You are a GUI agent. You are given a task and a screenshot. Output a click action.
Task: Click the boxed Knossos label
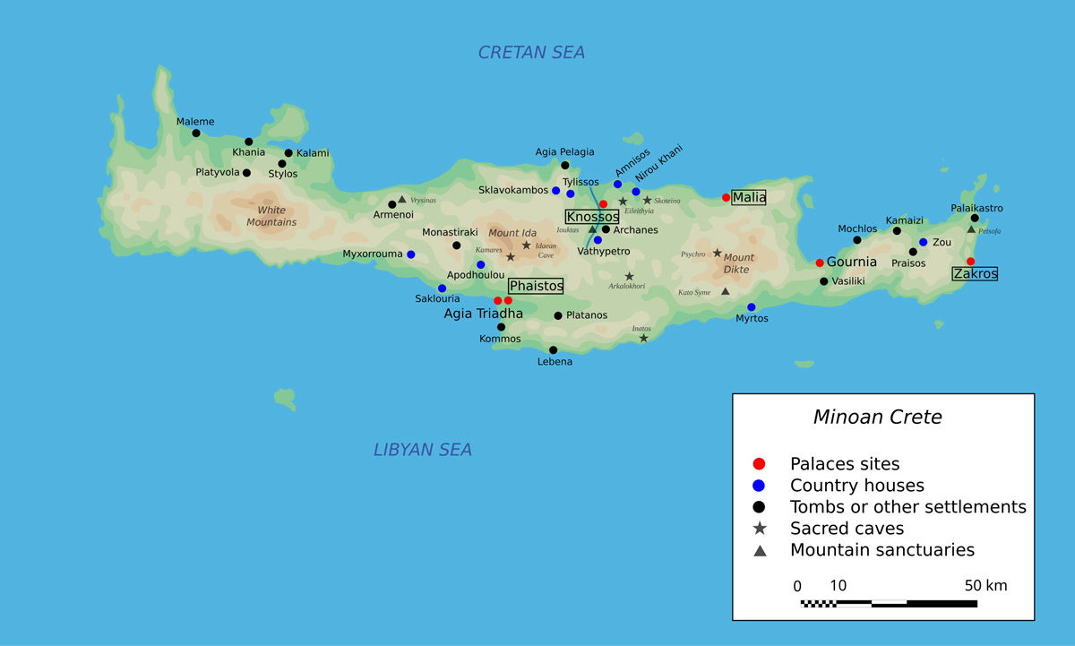click(592, 217)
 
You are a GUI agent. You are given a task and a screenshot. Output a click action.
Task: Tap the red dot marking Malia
click(726, 197)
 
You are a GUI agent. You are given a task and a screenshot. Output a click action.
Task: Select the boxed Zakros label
click(975, 274)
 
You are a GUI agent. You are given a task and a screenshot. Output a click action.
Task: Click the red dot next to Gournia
click(820, 263)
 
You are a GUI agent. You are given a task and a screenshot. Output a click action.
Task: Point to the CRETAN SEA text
click(531, 53)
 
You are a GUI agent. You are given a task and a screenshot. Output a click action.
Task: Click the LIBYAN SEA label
click(423, 450)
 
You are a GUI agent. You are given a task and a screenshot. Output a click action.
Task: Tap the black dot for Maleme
click(196, 134)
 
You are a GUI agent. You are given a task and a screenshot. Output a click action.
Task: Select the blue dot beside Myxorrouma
click(411, 254)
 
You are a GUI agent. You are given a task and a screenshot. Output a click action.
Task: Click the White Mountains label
click(271, 216)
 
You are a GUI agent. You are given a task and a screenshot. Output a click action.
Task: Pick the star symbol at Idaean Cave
click(527, 245)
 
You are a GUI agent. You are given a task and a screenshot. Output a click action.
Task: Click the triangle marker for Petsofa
click(971, 229)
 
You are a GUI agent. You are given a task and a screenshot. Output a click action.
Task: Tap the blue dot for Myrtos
click(752, 307)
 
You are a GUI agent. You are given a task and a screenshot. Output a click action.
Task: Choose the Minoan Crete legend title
click(877, 417)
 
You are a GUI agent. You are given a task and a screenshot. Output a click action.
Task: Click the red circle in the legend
click(760, 464)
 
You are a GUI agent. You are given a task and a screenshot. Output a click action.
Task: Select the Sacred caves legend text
click(847, 529)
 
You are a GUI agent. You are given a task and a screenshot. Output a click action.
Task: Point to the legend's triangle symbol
click(760, 550)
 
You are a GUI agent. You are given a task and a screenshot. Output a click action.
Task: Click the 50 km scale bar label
click(985, 586)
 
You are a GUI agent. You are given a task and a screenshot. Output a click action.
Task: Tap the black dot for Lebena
click(554, 350)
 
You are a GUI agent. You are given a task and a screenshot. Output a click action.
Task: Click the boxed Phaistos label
click(536, 286)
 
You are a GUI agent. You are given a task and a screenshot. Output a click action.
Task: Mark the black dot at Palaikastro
click(975, 218)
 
